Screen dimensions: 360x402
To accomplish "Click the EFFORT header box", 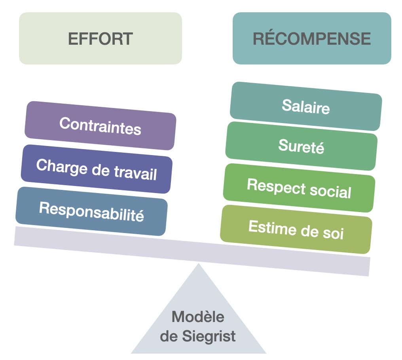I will [100, 38].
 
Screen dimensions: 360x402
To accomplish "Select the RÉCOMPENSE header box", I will [312, 38].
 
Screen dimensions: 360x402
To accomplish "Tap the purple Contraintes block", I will [100, 125].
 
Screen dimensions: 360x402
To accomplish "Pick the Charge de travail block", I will [97, 169].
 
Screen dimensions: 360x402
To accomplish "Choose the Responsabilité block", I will [91, 211].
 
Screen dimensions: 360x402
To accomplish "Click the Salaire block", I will [306, 106].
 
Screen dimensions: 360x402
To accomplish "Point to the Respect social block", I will [299, 188].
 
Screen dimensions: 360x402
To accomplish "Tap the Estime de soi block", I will [296, 229].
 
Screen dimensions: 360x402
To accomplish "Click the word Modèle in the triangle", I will [198, 316].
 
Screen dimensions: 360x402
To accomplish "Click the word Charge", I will [56, 166].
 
